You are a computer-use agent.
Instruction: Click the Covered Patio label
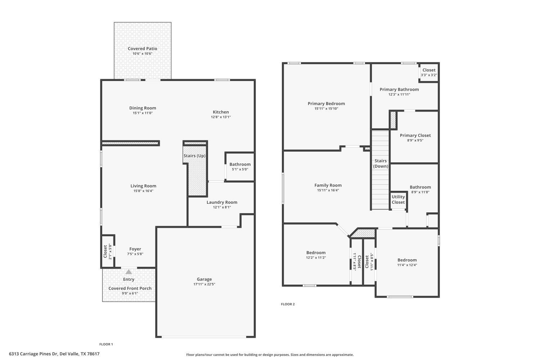tap(143, 49)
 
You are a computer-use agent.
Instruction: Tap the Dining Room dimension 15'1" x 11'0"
tap(143, 113)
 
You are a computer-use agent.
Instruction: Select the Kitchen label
tap(221, 112)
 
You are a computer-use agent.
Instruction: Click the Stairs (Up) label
tap(194, 156)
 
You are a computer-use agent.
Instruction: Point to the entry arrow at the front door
tap(129, 272)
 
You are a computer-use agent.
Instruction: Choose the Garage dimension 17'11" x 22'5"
tap(204, 284)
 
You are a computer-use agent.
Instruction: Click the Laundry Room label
tap(222, 202)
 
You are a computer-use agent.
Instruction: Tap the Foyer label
tap(135, 249)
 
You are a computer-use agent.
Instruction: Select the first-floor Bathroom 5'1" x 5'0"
tap(240, 167)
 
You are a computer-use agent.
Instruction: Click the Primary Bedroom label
tap(326, 104)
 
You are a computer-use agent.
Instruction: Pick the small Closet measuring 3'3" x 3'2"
tap(429, 72)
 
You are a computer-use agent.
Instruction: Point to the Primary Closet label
tap(415, 136)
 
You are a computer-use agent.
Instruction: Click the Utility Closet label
tap(398, 199)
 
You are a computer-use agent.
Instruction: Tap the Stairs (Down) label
tap(381, 163)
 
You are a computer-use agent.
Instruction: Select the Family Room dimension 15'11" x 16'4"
tap(328, 190)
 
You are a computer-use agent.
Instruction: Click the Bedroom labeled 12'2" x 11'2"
tap(316, 255)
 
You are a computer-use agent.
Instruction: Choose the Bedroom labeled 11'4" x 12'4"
tap(407, 262)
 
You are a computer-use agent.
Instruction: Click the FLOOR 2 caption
tap(288, 304)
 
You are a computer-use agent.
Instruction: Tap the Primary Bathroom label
tap(399, 90)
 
